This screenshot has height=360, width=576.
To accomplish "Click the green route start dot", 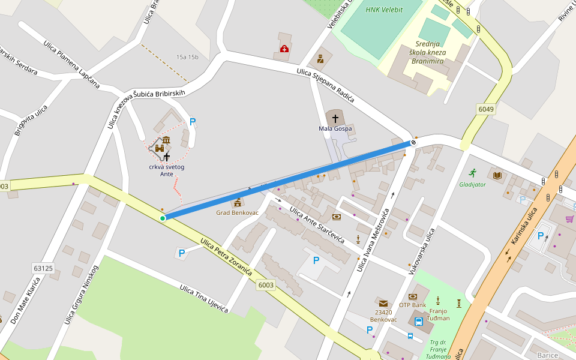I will (x=163, y=218).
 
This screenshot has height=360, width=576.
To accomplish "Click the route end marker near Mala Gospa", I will (x=413, y=143).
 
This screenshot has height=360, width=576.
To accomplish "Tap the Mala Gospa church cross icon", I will (x=335, y=118).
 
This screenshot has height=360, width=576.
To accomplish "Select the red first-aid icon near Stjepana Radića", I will (x=284, y=49).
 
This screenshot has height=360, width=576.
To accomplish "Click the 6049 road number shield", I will (x=486, y=109).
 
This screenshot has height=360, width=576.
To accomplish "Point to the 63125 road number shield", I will (x=43, y=268).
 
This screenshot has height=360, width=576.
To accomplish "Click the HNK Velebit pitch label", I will (x=384, y=10).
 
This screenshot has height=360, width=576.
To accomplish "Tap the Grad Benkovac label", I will (x=237, y=212).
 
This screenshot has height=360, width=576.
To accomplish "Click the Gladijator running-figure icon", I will (x=472, y=173).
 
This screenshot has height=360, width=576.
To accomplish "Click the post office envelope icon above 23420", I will (x=383, y=303).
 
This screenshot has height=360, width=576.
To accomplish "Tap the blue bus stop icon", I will (x=410, y=335).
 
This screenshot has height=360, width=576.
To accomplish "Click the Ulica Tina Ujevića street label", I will (x=204, y=298).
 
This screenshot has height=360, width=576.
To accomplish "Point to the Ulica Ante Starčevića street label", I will (x=317, y=225).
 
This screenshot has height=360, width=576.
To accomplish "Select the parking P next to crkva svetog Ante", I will (x=193, y=122).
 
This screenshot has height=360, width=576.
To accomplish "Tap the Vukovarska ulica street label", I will (x=421, y=251).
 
